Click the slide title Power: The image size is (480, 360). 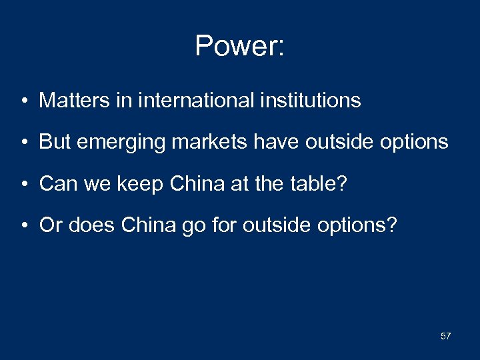[x=240, y=46]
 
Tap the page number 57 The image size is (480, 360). [x=445, y=336]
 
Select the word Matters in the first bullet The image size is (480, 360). [x=68, y=101]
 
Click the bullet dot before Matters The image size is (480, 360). [x=24, y=101]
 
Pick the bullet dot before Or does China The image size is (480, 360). [x=24, y=226]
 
